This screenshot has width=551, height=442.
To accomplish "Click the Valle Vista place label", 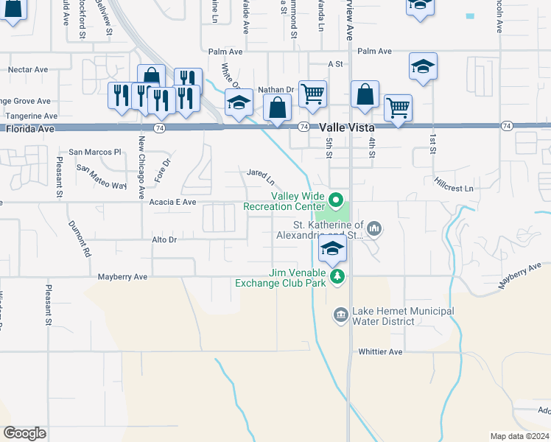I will tap(348, 127).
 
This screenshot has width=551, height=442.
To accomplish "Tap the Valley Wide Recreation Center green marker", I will tap(336, 200).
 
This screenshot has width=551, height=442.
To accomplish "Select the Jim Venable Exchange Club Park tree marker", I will tap(337, 276).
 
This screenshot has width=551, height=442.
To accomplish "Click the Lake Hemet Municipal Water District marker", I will tap(340, 315).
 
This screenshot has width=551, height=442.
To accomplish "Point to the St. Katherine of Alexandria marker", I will tap(374, 229).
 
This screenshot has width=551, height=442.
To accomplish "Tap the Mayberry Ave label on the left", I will tap(123, 276).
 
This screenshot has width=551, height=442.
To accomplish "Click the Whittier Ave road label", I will tap(380, 351).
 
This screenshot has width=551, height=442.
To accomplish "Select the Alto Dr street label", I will tap(164, 239).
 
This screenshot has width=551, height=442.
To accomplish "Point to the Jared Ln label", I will tap(261, 177).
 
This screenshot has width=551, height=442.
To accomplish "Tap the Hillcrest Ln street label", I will tap(454, 183).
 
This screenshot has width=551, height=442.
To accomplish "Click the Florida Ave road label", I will tap(30, 128).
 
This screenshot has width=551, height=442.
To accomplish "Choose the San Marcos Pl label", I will tap(95, 152).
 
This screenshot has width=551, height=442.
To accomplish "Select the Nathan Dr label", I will tap(276, 89).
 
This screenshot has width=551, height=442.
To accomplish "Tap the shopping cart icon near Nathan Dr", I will tap(313, 94).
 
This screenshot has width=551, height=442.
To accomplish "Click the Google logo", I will tap(24, 433).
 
